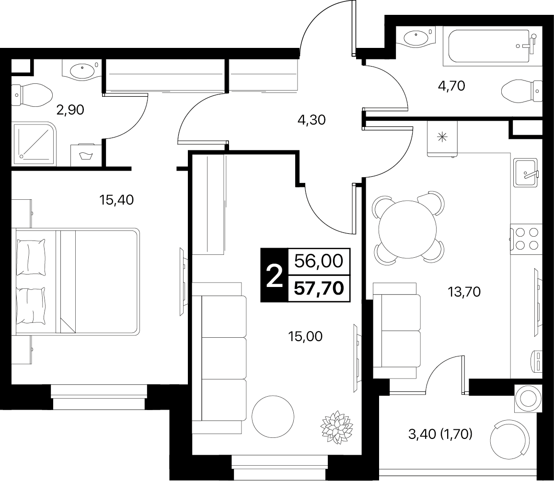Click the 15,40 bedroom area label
[x=116, y=200]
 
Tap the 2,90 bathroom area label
[x=70, y=110]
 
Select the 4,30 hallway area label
[x=312, y=120]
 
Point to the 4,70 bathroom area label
[x=451, y=86]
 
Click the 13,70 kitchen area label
[x=464, y=292]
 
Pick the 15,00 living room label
[x=305, y=337]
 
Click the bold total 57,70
[x=319, y=288]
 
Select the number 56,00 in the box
[x=319, y=261]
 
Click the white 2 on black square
[x=274, y=275]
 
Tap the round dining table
[x=407, y=229]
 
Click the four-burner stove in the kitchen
[x=526, y=239]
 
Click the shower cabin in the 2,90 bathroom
[x=35, y=144]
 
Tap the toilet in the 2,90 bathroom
[x=32, y=95]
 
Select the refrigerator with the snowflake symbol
[x=442, y=138]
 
